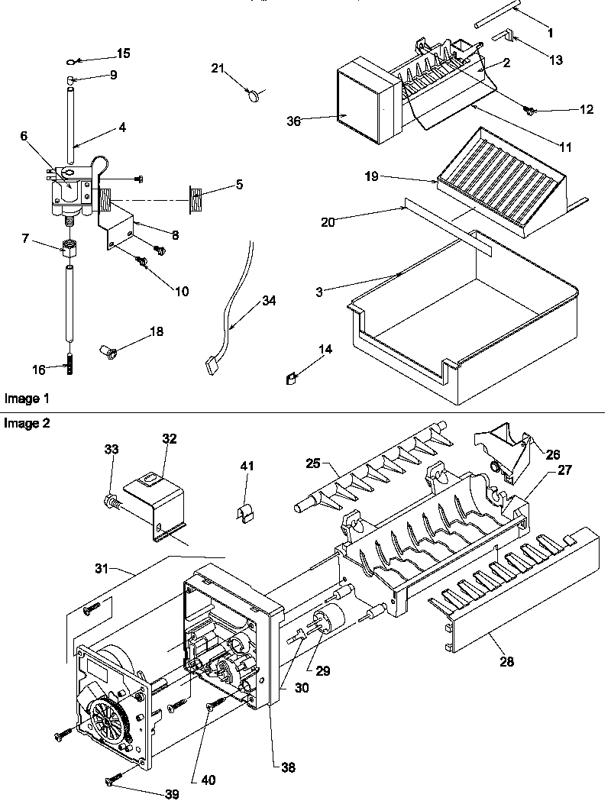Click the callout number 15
click(122, 53)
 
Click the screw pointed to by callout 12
click(528, 112)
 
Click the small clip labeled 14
click(290, 376)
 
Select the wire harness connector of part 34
click(212, 364)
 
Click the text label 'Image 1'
click(26, 399)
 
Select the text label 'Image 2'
click(26, 424)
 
